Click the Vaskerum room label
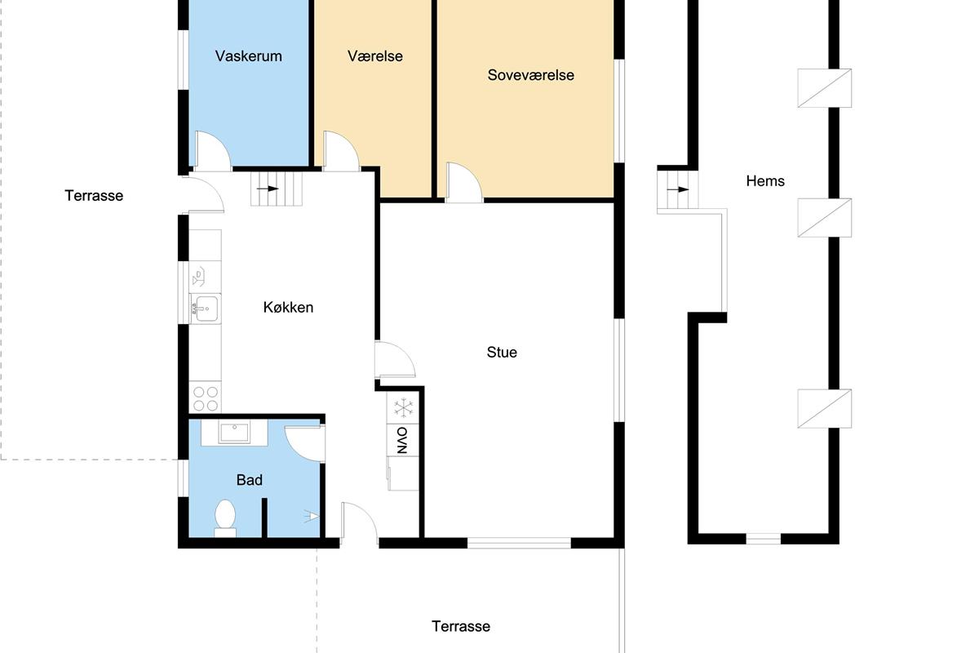[248, 56]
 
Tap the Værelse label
[375, 56]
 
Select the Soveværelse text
[530, 75]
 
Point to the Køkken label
[288, 308]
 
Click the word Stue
[502, 352]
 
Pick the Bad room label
[249, 480]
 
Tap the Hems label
[765, 181]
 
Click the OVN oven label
[402, 440]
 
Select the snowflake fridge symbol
[403, 407]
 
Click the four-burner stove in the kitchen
[205, 398]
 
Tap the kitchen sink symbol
[205, 309]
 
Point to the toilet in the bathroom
[225, 518]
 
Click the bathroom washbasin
[234, 433]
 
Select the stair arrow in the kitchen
[268, 189]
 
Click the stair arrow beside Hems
[678, 189]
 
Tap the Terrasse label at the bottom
[461, 626]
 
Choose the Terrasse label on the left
[94, 196]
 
